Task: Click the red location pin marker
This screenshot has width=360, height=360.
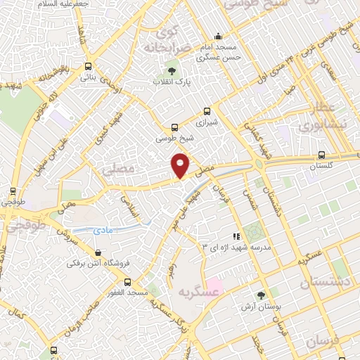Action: coord(180,165)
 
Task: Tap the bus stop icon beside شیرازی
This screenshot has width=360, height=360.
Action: coord(206,111)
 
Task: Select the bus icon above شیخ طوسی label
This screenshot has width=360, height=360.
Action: coord(174,128)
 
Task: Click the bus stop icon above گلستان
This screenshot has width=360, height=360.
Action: coord(321,155)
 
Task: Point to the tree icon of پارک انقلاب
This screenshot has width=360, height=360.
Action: coord(172,71)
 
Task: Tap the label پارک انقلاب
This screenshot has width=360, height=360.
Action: coord(172,82)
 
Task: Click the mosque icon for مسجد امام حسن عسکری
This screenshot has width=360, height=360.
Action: coord(218,37)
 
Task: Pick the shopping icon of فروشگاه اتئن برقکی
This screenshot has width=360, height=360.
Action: coord(96,253)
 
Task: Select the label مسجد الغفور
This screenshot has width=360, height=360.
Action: coord(127,292)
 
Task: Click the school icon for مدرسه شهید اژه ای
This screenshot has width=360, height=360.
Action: coord(236,237)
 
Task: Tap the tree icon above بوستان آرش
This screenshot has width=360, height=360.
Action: coord(261,296)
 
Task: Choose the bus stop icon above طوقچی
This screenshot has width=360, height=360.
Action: coord(13,191)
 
